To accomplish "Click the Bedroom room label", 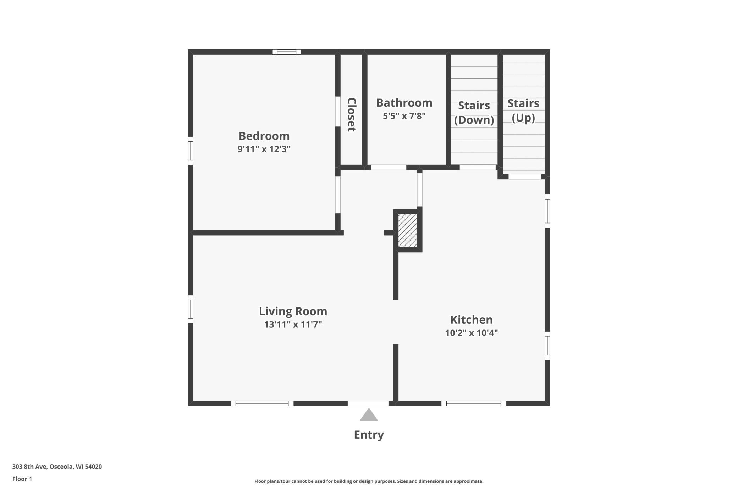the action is coord(264,136).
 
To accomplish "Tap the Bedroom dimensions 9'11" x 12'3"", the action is coord(264,149).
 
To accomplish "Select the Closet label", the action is coord(351,114).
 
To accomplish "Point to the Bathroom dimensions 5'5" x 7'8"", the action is coord(404,116).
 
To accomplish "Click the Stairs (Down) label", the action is coord(474,113).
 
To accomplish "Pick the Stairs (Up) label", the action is coord(523,111).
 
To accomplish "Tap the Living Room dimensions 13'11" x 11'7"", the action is coord(293,324).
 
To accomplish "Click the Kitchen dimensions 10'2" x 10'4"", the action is coord(472,333).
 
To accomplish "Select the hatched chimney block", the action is coord(408,230).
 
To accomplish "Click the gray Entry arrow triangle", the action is coord(369,415).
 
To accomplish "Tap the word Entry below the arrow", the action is coord(369,435).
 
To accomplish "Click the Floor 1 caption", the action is coord(22,479).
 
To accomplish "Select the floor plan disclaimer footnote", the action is coord(369,481).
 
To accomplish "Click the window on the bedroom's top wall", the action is coord(287,52).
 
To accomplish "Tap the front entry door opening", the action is coord(368,403).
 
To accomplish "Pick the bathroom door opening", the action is coord(389,167).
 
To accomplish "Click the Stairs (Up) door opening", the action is coord(525,176).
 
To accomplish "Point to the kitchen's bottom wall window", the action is coord(474,403).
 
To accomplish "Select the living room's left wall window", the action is coord(191,309).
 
